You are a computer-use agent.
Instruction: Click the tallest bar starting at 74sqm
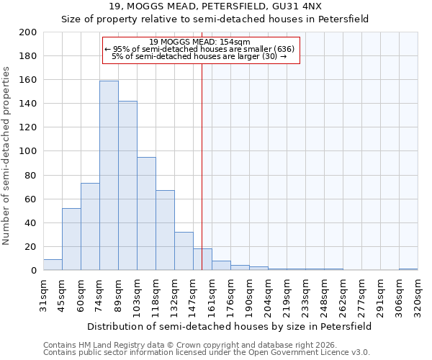click(x=109, y=176)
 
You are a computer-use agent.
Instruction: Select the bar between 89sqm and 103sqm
click(x=127, y=186)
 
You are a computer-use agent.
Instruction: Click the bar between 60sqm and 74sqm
click(x=90, y=227)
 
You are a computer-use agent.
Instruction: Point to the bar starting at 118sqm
click(x=165, y=230)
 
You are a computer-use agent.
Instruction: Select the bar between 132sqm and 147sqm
click(x=184, y=251)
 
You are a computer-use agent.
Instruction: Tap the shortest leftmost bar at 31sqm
click(x=53, y=265)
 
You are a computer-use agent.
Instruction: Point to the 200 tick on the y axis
click(x=28, y=32)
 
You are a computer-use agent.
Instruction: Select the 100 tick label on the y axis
click(x=28, y=151)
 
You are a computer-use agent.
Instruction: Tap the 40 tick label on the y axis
click(x=31, y=223)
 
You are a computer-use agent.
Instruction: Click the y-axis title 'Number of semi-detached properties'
click(x=7, y=156)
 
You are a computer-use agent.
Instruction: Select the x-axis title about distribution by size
click(x=228, y=326)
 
